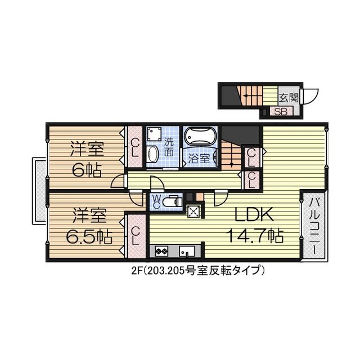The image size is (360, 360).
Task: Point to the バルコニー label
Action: tap(314, 227)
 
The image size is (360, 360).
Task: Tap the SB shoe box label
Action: tap(281, 110)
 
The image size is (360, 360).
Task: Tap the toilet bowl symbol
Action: tap(173, 200)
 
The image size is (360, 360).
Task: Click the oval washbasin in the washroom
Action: tap(152, 155)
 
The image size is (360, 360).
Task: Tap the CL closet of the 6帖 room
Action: tap(136, 147)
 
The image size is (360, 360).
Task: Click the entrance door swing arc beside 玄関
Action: tap(311, 96)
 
